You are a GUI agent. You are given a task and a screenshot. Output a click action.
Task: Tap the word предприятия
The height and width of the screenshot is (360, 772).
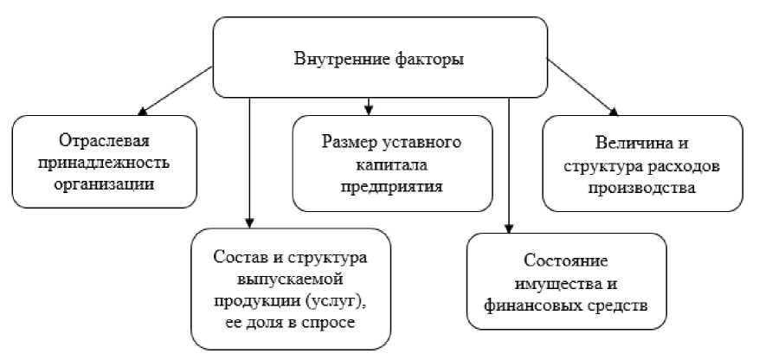click(392, 185)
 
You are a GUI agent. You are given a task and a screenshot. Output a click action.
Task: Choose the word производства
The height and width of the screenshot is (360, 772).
click(643, 185)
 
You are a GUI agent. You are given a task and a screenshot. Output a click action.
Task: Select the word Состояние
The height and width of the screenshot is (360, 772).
click(567, 260)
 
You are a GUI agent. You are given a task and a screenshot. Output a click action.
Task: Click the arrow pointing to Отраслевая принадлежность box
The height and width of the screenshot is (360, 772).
click(173, 89)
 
